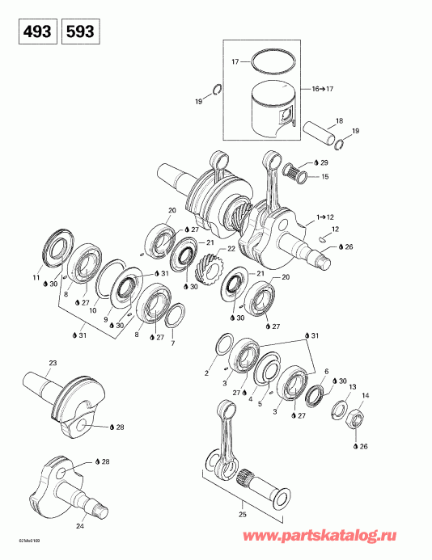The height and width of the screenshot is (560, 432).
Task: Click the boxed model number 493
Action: tap(32, 32)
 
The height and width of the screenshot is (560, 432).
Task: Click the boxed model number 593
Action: tap(79, 32)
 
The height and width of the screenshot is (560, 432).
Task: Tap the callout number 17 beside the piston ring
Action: tap(235, 61)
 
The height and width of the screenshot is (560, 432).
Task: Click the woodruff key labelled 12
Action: tap(322, 240)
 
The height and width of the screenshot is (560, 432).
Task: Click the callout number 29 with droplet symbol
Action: tap(324, 163)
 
